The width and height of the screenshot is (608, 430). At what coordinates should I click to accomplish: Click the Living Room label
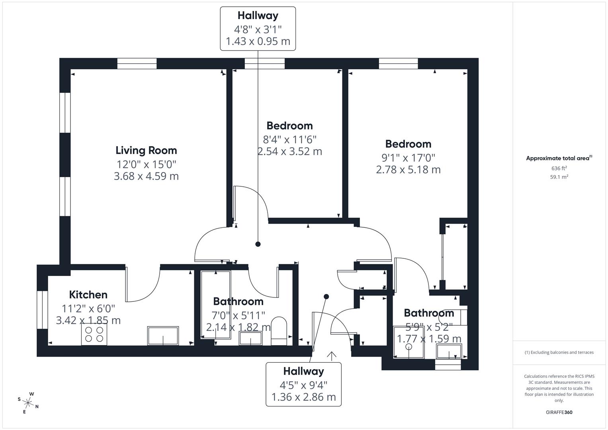click(x=146, y=150)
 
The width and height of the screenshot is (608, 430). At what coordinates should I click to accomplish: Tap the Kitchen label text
click(x=88, y=295)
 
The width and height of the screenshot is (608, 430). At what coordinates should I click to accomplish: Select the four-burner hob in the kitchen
click(x=94, y=334)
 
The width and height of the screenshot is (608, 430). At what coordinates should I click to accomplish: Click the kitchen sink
click(x=163, y=336)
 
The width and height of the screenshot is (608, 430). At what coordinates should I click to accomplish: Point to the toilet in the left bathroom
click(x=279, y=330)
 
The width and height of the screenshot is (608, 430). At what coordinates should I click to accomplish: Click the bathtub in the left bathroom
click(x=216, y=305)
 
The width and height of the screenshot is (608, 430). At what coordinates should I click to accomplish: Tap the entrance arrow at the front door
click(x=331, y=356)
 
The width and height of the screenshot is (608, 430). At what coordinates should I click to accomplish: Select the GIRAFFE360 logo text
click(x=559, y=412)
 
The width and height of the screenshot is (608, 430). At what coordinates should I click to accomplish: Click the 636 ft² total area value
click(x=559, y=168)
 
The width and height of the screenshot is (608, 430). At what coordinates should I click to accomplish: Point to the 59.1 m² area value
click(x=559, y=177)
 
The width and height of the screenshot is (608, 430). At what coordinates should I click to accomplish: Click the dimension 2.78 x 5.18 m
click(x=408, y=170)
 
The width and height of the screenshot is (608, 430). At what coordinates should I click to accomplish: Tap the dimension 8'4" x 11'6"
click(x=289, y=139)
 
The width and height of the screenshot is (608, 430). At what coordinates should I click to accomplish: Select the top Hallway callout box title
click(x=258, y=16)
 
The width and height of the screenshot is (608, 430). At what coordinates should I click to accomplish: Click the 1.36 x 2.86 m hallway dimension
click(x=303, y=397)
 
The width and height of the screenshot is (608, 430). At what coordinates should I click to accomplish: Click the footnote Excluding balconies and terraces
click(x=559, y=352)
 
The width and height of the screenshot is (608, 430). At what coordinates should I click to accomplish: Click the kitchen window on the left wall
click(x=42, y=310)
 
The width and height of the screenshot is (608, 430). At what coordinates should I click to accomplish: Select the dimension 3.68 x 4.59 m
click(x=146, y=176)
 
